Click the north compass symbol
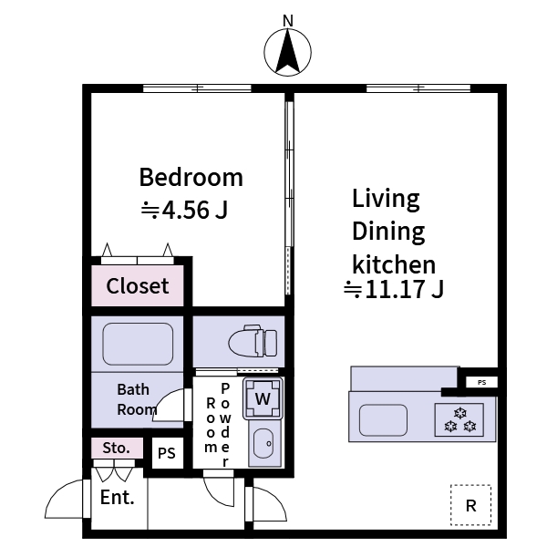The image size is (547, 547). click(x=288, y=52)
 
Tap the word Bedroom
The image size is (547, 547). click(x=191, y=177)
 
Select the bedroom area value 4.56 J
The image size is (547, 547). click(x=184, y=211)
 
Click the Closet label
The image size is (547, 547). click(x=138, y=286)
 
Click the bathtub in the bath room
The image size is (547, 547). click(x=138, y=343)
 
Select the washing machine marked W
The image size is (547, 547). click(x=263, y=398)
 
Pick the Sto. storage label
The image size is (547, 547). click(x=116, y=449)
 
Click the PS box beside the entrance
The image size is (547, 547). click(x=166, y=452)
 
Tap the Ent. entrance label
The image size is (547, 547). click(x=118, y=498)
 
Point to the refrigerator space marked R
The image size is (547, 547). click(x=470, y=505)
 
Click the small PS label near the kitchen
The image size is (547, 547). click(x=481, y=382)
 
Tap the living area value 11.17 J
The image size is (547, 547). click(x=393, y=291)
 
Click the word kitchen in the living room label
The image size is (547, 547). click(x=394, y=264)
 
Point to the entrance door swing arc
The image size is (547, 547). click(x=66, y=500)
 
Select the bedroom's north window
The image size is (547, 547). click(x=197, y=88)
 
